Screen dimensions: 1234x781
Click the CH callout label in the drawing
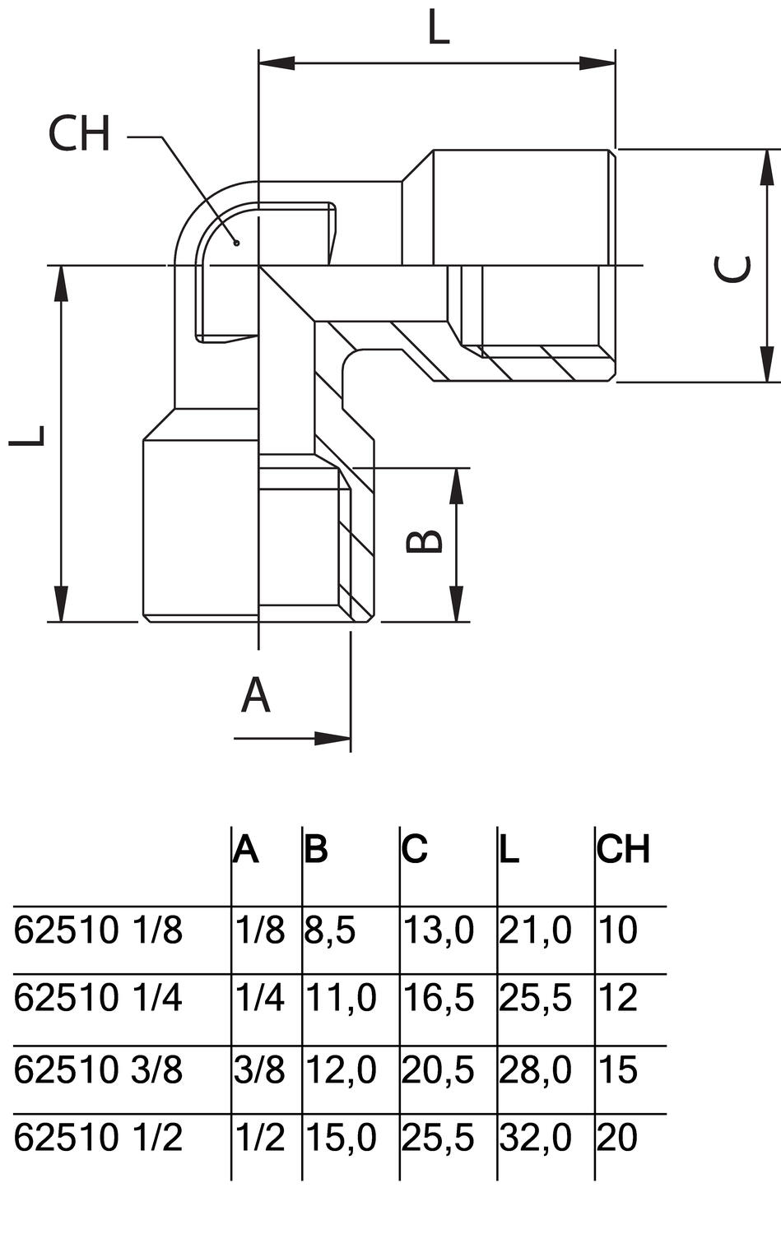point(79,134)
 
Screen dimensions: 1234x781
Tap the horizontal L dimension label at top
point(439,29)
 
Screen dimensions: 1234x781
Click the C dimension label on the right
point(732,269)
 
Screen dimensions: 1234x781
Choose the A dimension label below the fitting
point(256,695)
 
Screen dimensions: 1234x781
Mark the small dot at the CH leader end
point(235,242)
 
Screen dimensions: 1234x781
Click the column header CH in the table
point(624,849)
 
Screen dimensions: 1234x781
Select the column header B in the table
point(316,849)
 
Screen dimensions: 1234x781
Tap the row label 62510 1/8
point(99,930)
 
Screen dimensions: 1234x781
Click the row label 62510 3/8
point(99,1069)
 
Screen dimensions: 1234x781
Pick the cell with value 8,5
point(330,930)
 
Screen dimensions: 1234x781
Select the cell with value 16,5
point(438,998)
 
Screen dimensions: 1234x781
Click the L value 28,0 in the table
point(535,1069)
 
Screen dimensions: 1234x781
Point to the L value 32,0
point(535,1138)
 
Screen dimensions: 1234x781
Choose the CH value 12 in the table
point(617,998)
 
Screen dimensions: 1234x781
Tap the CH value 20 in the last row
point(617,1138)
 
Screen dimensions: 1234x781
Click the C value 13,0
point(438,930)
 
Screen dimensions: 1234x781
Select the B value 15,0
point(341,1138)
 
